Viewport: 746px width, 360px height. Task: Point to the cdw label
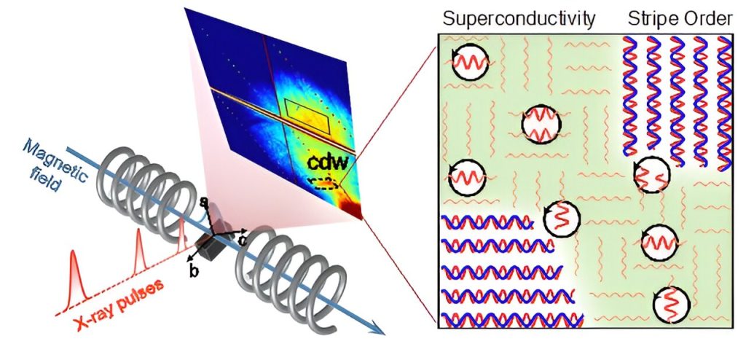[x=328, y=161]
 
